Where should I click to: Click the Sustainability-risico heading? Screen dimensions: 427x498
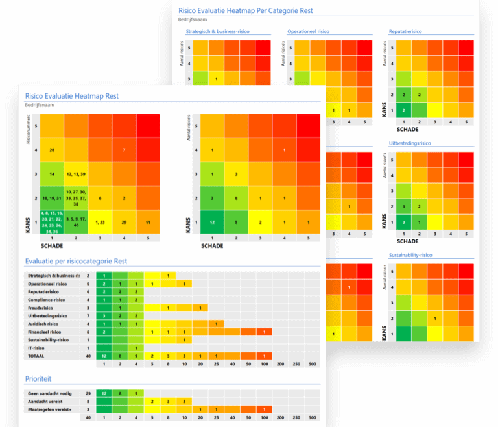(x=413, y=255)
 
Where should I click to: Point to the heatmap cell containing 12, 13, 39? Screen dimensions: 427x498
(x=76, y=175)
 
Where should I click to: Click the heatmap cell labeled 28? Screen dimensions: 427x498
(x=51, y=151)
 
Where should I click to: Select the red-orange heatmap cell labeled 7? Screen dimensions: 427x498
(x=124, y=151)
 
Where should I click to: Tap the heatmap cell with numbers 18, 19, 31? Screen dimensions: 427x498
(x=51, y=198)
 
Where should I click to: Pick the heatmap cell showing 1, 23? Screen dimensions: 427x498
(x=100, y=222)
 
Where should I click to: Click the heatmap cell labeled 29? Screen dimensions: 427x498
(x=124, y=222)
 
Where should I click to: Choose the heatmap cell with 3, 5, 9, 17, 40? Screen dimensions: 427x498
(x=76, y=222)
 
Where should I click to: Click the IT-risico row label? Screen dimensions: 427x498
(x=38, y=347)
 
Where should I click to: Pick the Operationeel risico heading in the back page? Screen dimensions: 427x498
(x=308, y=30)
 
